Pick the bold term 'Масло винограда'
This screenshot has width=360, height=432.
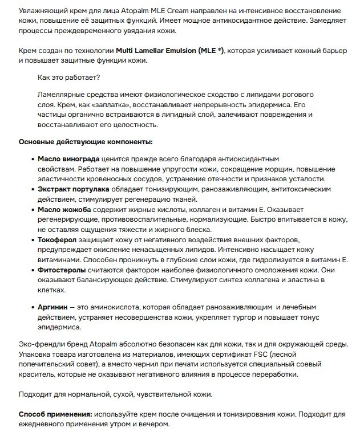68,158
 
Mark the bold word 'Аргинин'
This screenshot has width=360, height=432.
53,307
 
